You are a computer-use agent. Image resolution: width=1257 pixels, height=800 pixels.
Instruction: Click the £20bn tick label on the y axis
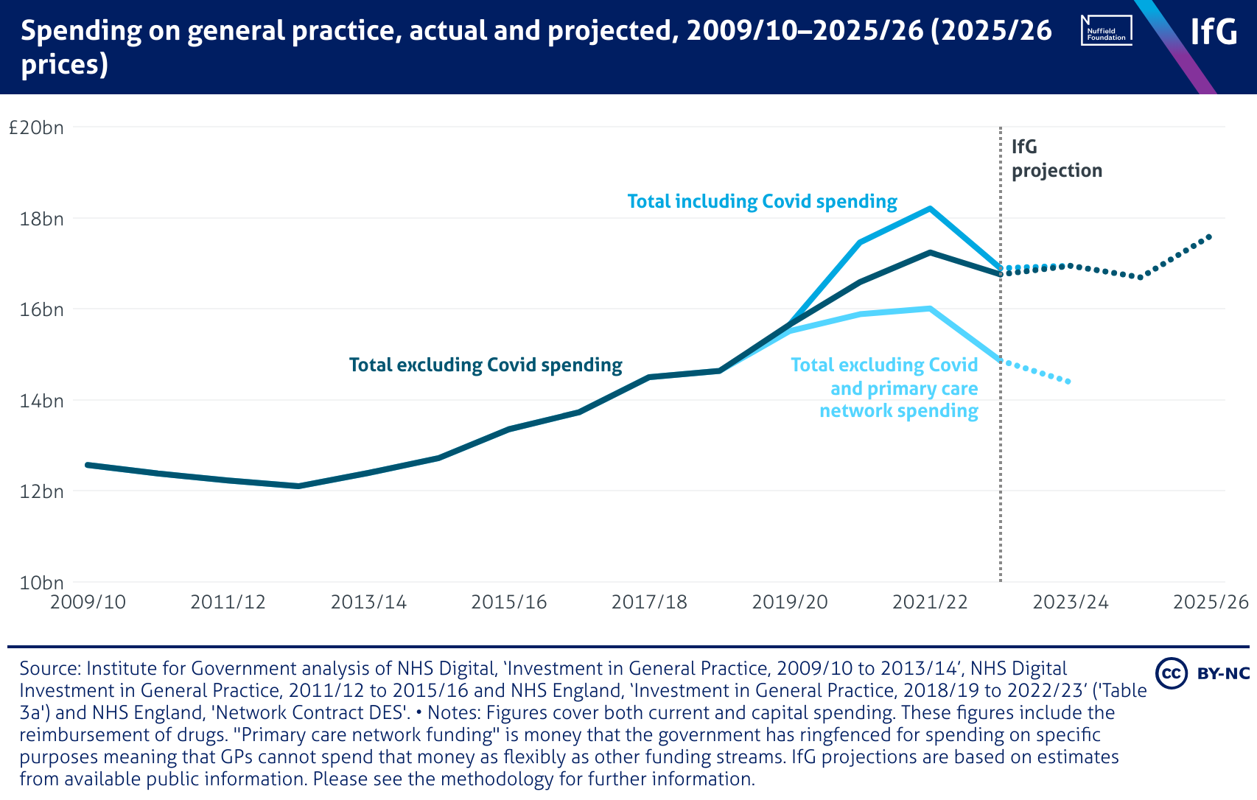coord(36,127)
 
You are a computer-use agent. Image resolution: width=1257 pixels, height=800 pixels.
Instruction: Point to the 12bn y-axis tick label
coord(41,491)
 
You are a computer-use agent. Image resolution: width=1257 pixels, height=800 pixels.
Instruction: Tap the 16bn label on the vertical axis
coord(41,309)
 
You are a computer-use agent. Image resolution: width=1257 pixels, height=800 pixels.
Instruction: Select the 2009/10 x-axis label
coord(88,602)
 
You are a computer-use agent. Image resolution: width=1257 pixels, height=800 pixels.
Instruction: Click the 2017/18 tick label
coord(649,602)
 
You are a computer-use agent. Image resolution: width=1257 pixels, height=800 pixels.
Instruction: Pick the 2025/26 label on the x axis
coord(1211,602)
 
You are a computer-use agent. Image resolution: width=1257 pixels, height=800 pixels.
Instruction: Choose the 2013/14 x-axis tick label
coord(368,602)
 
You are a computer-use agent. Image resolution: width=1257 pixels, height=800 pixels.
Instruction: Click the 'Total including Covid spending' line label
coord(762,201)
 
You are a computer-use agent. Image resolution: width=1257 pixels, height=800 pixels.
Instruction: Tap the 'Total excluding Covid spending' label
coord(486,365)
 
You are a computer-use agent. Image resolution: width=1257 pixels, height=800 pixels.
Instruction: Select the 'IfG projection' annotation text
coord(1056,158)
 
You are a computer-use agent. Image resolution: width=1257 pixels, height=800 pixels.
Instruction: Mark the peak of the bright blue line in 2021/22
coord(931,208)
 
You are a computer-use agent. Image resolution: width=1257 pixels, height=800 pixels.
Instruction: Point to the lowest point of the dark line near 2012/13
coord(298,486)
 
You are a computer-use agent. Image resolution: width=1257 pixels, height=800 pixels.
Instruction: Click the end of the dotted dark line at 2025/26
coord(1210,236)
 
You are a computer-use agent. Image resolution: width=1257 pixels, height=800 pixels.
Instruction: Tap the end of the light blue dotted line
coord(1069,382)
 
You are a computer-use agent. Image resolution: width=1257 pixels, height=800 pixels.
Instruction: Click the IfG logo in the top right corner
coord(1214,31)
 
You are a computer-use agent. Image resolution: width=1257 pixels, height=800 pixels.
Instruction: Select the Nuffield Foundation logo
coord(1106,31)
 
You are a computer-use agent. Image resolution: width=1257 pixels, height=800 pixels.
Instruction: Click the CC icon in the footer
coord(1170,673)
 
